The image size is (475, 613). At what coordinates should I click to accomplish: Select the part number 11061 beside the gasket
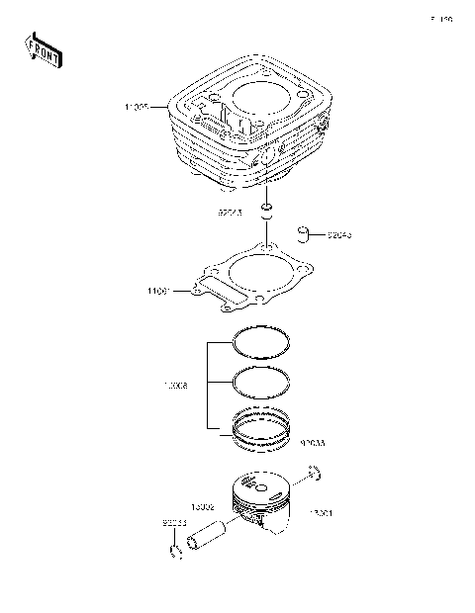coord(159,292)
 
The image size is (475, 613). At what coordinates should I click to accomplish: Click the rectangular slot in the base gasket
coord(209,288)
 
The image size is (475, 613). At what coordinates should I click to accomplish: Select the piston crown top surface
coord(260,484)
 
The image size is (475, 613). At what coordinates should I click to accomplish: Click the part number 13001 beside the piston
coord(321,514)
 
